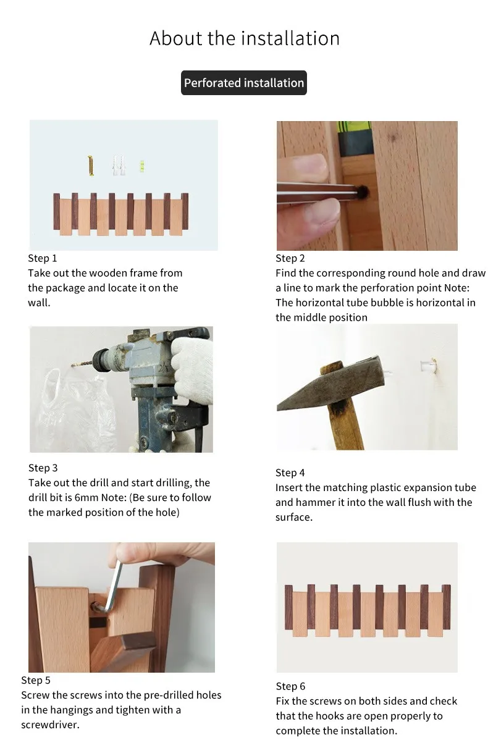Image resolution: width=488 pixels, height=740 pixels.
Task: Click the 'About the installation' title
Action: [x=245, y=38]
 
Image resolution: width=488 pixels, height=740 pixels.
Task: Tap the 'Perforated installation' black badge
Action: [x=244, y=83]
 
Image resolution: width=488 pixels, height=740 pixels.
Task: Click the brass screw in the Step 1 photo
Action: [x=91, y=166]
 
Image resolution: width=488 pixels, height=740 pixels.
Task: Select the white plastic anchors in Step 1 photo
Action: [x=119, y=166]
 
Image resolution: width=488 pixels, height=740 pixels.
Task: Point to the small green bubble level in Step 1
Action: [x=141, y=165]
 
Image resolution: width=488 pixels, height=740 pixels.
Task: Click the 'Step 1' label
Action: [x=43, y=258]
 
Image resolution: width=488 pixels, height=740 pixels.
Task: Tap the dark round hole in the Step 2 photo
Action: [x=363, y=191]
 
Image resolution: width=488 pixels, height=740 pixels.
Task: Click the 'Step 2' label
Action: [x=290, y=258]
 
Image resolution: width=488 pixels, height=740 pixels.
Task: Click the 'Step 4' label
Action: [x=290, y=473]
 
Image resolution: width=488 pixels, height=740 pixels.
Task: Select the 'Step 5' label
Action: [x=36, y=680]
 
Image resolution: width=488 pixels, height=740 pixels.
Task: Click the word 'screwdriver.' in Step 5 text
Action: [x=50, y=725]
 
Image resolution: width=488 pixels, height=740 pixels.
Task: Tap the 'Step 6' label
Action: [x=291, y=686]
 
